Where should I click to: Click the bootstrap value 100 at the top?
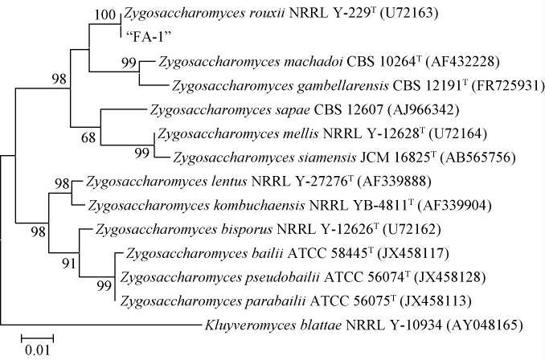point(106,14)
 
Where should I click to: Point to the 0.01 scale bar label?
point(36,350)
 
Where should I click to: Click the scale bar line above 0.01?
point(37,334)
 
